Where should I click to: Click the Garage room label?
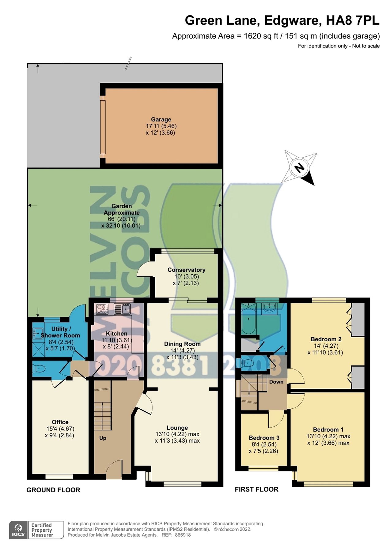[161, 119]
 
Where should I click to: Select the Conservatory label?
[186, 270]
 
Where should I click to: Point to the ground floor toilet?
[39, 369]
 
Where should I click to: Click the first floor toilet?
[248, 363]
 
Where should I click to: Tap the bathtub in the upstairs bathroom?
[248, 319]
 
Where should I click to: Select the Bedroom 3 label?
[264, 438]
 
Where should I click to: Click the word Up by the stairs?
[103, 438]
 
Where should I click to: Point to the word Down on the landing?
[276, 382]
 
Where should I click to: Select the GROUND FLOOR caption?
[53, 490]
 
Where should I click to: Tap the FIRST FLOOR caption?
[256, 489]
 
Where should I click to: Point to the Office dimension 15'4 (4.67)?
[60, 429]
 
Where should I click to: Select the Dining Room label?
[182, 344]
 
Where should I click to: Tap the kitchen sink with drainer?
[122, 309]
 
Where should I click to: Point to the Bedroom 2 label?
[326, 339]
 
